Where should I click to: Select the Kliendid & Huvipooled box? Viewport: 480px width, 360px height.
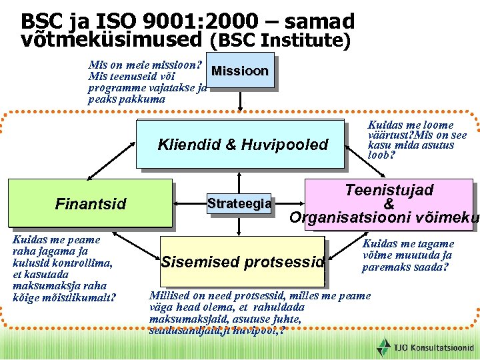(242, 144)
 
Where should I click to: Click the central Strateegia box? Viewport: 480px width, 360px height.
(239, 203)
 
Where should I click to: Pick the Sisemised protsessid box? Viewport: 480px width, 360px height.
(243, 261)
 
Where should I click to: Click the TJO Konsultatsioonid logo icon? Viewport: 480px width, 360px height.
(384, 347)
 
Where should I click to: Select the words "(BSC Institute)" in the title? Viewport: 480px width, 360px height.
(280, 41)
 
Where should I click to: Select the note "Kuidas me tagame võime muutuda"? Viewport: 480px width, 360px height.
(407, 255)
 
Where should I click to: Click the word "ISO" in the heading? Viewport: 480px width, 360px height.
(99, 22)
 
